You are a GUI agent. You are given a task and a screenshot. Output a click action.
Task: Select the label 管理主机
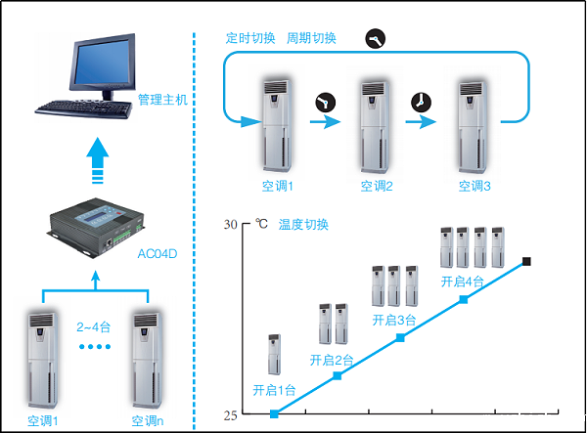click(x=161, y=100)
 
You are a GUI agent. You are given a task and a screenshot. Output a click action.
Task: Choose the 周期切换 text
click(x=311, y=38)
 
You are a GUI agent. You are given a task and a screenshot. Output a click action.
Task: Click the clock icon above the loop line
click(x=375, y=38)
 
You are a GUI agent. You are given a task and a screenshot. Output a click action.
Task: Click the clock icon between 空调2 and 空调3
click(x=420, y=102)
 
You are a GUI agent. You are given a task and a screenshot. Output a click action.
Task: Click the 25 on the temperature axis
click(x=230, y=415)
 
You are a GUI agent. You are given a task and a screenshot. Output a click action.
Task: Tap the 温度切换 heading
click(x=304, y=224)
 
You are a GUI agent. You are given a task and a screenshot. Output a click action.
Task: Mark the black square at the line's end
click(x=526, y=261)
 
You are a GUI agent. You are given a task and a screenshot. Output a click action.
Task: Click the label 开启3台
click(x=394, y=320)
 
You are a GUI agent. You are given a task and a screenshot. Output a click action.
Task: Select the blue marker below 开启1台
click(x=274, y=413)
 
